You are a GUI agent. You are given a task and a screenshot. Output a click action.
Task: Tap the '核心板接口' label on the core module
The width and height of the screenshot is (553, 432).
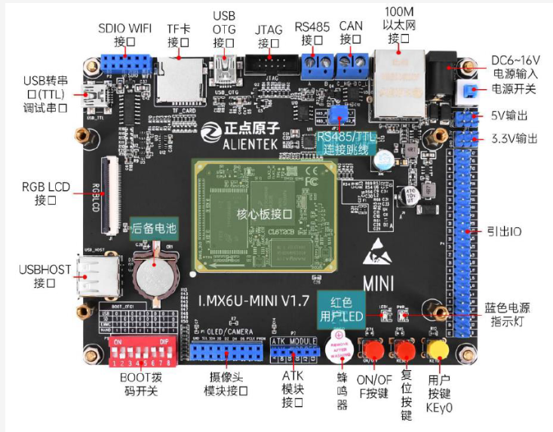[x=266, y=213]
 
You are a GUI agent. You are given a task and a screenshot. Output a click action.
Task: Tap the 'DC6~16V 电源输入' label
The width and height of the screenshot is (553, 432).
[x=516, y=66]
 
